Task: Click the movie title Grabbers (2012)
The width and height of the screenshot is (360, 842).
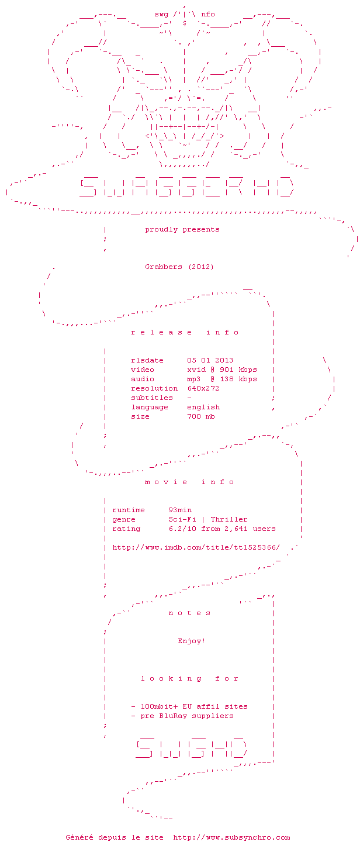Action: click(179, 267)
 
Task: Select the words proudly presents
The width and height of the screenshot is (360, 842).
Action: click(182, 229)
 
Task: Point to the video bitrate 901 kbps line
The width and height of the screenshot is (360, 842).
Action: click(221, 370)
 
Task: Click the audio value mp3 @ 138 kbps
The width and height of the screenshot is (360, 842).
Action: click(221, 379)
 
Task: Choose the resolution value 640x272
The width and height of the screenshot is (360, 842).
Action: click(203, 388)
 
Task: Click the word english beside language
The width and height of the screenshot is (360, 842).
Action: click(203, 407)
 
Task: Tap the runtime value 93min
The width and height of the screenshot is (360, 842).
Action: click(180, 510)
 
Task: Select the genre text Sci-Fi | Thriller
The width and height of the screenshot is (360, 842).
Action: click(207, 519)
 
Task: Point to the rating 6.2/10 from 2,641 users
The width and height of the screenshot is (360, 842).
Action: click(221, 529)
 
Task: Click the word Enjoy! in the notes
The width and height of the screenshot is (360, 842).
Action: click(192, 641)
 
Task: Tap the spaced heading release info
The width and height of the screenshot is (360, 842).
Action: click(185, 332)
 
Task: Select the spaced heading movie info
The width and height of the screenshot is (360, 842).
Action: click(189, 482)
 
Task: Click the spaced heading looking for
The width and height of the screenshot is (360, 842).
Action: click(189, 678)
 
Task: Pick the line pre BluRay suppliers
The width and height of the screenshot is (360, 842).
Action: click(182, 716)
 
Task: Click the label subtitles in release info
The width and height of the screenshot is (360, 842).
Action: click(152, 398)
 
